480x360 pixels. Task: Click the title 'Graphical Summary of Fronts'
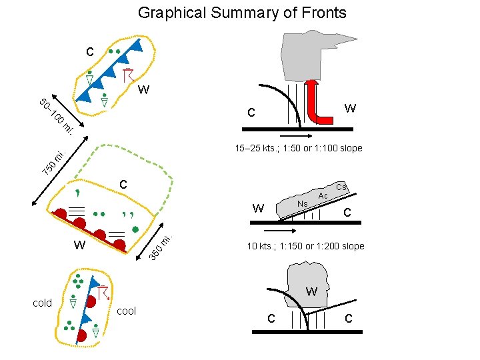[241, 12]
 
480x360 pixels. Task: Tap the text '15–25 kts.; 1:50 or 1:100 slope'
[299, 148]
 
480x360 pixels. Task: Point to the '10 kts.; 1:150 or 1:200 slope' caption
[305, 246]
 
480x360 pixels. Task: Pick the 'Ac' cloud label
[323, 195]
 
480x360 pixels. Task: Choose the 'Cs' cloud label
[341, 187]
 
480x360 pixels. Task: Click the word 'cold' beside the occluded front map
[43, 303]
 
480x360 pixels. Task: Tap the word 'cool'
[126, 311]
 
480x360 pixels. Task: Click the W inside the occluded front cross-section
[311, 292]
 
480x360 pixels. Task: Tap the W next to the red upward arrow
[350, 108]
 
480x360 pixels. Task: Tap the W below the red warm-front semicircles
[79, 245]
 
